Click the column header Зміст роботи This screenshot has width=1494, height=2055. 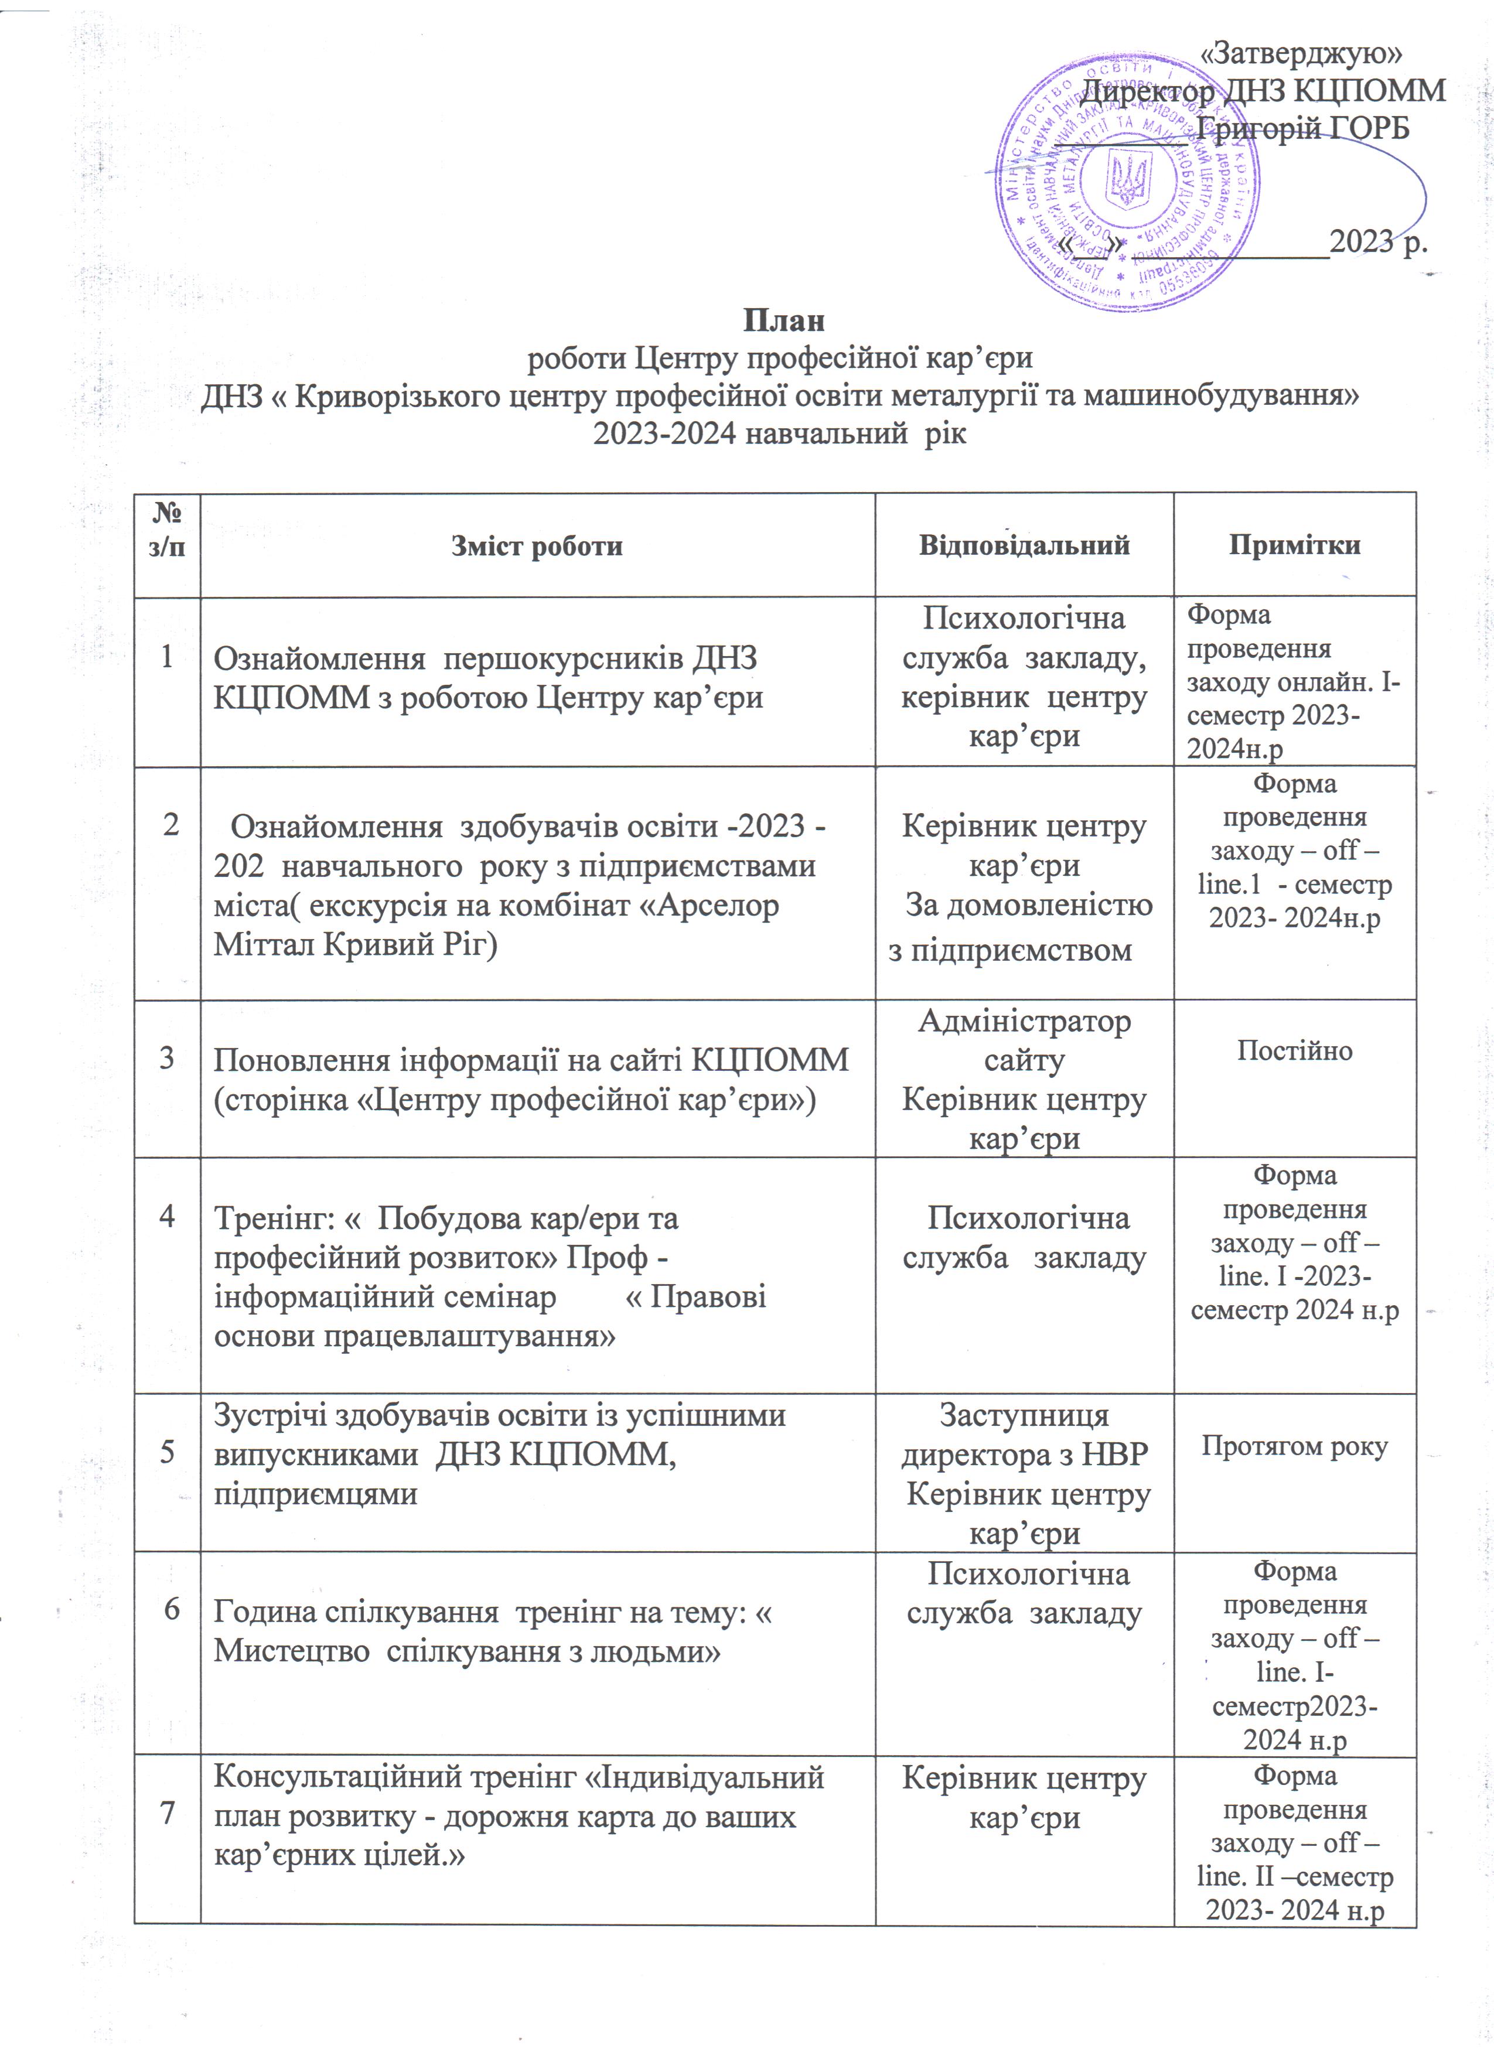click(x=537, y=545)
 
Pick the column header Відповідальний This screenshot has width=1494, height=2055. click(x=1024, y=545)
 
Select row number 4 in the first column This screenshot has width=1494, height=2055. click(x=168, y=1217)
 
